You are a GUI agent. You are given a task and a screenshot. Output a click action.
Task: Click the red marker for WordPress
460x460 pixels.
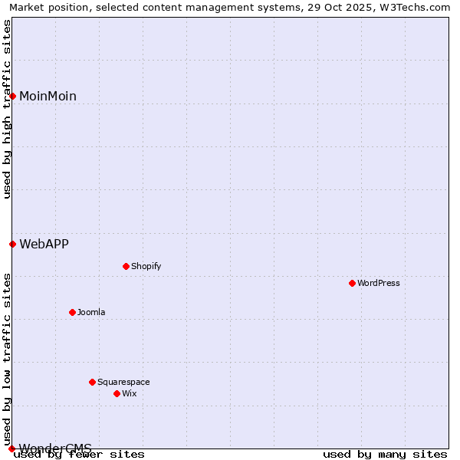pyautogui.click(x=352, y=283)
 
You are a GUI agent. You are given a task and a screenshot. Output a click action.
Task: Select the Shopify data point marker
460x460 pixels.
pyautogui.click(x=126, y=266)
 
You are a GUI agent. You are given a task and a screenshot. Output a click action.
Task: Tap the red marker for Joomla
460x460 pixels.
pyautogui.click(x=72, y=312)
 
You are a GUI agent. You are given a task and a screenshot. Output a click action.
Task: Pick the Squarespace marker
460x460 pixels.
pyautogui.click(x=92, y=382)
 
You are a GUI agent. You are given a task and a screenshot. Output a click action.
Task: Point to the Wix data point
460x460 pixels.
pyautogui.click(x=117, y=393)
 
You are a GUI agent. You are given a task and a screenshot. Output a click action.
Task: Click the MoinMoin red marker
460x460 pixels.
pyautogui.click(x=13, y=96)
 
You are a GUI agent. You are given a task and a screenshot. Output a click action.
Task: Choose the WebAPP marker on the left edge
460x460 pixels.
pyautogui.click(x=13, y=244)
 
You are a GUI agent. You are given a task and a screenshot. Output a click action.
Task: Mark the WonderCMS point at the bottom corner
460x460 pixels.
pyautogui.click(x=12, y=448)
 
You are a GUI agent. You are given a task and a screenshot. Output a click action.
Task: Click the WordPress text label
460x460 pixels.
pyautogui.click(x=379, y=283)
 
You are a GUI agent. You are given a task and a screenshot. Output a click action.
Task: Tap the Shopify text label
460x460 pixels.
pyautogui.click(x=146, y=266)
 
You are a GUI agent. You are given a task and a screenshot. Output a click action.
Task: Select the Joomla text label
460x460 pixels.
pyautogui.click(x=91, y=312)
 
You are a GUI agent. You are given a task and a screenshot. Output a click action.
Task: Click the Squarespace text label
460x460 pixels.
pyautogui.click(x=123, y=382)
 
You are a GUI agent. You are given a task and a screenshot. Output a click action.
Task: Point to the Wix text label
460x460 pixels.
pyautogui.click(x=129, y=393)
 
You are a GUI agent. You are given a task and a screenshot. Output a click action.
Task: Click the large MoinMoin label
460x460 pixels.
pyautogui.click(x=48, y=96)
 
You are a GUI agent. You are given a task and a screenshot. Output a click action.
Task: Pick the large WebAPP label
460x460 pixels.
pyautogui.click(x=44, y=244)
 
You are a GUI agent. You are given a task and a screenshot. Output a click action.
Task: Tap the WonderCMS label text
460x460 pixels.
pyautogui.click(x=55, y=448)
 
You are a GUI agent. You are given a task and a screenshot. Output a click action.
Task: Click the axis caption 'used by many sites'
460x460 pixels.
pyautogui.click(x=385, y=455)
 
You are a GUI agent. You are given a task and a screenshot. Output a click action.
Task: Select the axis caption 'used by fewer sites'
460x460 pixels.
pyautogui.click(x=80, y=455)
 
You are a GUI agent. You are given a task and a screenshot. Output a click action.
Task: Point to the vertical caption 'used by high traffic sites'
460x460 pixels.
pyautogui.click(x=7, y=109)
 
